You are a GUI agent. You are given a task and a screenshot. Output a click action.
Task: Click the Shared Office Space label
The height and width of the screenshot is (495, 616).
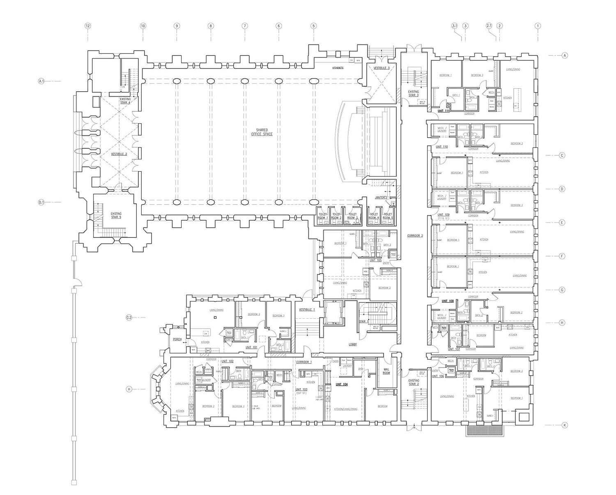[262, 132]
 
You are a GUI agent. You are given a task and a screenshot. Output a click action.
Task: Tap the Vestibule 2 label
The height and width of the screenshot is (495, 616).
[119, 154]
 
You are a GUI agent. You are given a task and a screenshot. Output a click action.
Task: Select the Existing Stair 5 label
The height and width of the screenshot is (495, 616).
[116, 215]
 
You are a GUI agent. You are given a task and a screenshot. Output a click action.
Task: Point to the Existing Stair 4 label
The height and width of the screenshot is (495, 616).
[125, 101]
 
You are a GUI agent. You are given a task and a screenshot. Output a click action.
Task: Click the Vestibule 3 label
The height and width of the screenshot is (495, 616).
[382, 68]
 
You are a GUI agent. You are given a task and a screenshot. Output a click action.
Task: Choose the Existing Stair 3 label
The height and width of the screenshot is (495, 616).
[414, 94]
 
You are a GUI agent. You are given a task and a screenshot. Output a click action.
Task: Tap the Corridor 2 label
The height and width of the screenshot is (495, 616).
[415, 236]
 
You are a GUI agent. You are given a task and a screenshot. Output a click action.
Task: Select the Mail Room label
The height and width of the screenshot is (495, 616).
[386, 371]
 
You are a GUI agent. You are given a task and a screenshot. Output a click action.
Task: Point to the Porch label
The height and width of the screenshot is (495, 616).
[177, 339]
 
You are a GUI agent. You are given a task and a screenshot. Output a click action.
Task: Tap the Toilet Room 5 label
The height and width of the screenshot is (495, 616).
[387, 216]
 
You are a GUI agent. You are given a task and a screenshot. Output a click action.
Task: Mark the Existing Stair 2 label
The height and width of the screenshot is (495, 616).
[414, 382]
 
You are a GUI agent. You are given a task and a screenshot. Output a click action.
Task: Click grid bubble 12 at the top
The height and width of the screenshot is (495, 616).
[87, 26]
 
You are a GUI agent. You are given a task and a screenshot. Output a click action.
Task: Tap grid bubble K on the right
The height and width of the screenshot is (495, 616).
[565, 425]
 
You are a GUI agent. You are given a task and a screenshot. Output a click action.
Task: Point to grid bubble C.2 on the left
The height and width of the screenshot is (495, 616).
[129, 318]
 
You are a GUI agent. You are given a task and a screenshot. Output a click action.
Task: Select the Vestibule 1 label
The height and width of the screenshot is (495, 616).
[307, 309]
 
